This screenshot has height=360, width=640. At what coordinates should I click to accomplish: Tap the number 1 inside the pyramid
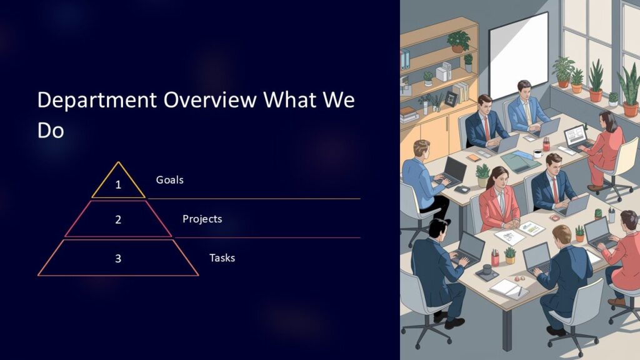[118, 185]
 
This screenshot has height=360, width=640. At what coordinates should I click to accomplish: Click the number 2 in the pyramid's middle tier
[118, 219]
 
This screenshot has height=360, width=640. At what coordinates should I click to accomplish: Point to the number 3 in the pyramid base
[118, 258]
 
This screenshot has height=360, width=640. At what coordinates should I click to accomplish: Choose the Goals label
[169, 180]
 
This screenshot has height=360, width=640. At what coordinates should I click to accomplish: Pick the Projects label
[202, 219]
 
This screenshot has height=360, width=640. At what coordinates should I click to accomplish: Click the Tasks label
[222, 257]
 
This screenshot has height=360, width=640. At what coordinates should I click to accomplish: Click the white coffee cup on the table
[537, 153]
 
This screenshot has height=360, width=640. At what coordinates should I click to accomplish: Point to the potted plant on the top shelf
[459, 41]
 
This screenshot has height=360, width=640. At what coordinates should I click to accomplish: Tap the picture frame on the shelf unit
[451, 99]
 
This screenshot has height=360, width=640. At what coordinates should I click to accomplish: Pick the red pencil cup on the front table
[495, 257]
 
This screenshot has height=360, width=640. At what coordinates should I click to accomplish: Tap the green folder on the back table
[519, 162]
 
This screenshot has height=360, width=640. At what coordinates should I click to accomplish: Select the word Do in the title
[50, 130]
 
